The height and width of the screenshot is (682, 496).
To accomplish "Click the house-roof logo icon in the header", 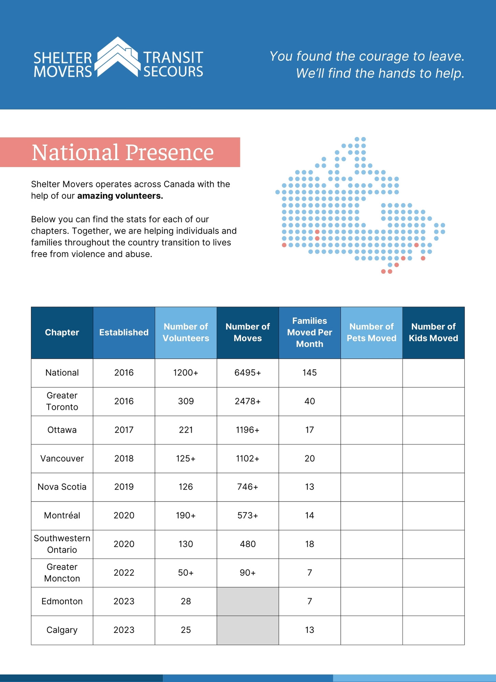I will coord(118,57).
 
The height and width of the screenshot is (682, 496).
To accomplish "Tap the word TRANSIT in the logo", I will coord(173,58).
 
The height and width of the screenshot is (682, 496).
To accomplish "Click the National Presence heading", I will coord(122,152).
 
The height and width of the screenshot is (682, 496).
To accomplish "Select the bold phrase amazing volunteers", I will coord(120,196).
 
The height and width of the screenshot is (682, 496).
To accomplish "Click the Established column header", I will coord(124,332).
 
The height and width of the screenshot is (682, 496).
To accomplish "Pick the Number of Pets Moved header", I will coord(371,332).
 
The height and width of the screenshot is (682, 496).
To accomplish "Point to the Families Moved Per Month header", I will coord(309,332).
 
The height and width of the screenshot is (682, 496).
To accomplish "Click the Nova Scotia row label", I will coord(62,487).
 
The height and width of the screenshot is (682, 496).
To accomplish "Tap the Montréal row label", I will coord(62,515).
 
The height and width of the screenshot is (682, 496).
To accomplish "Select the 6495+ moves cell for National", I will coord(248,373).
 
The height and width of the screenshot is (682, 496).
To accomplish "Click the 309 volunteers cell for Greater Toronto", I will coord(186,401).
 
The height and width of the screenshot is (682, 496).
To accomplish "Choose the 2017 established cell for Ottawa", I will coord(124,430).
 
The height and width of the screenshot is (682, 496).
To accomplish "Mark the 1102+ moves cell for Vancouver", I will coord(248,459).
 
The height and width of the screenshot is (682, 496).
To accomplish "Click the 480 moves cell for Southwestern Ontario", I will coord(248,544).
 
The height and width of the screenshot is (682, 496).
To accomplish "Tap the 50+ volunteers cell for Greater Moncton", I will coord(186,573).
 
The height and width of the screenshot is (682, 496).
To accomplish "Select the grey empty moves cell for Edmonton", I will coord(248,602).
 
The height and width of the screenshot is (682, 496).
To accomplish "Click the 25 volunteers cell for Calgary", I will coord(186,630).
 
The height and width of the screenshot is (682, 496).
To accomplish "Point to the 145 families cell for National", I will coord(309,373).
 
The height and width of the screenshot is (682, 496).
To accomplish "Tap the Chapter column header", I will coord(62,332).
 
